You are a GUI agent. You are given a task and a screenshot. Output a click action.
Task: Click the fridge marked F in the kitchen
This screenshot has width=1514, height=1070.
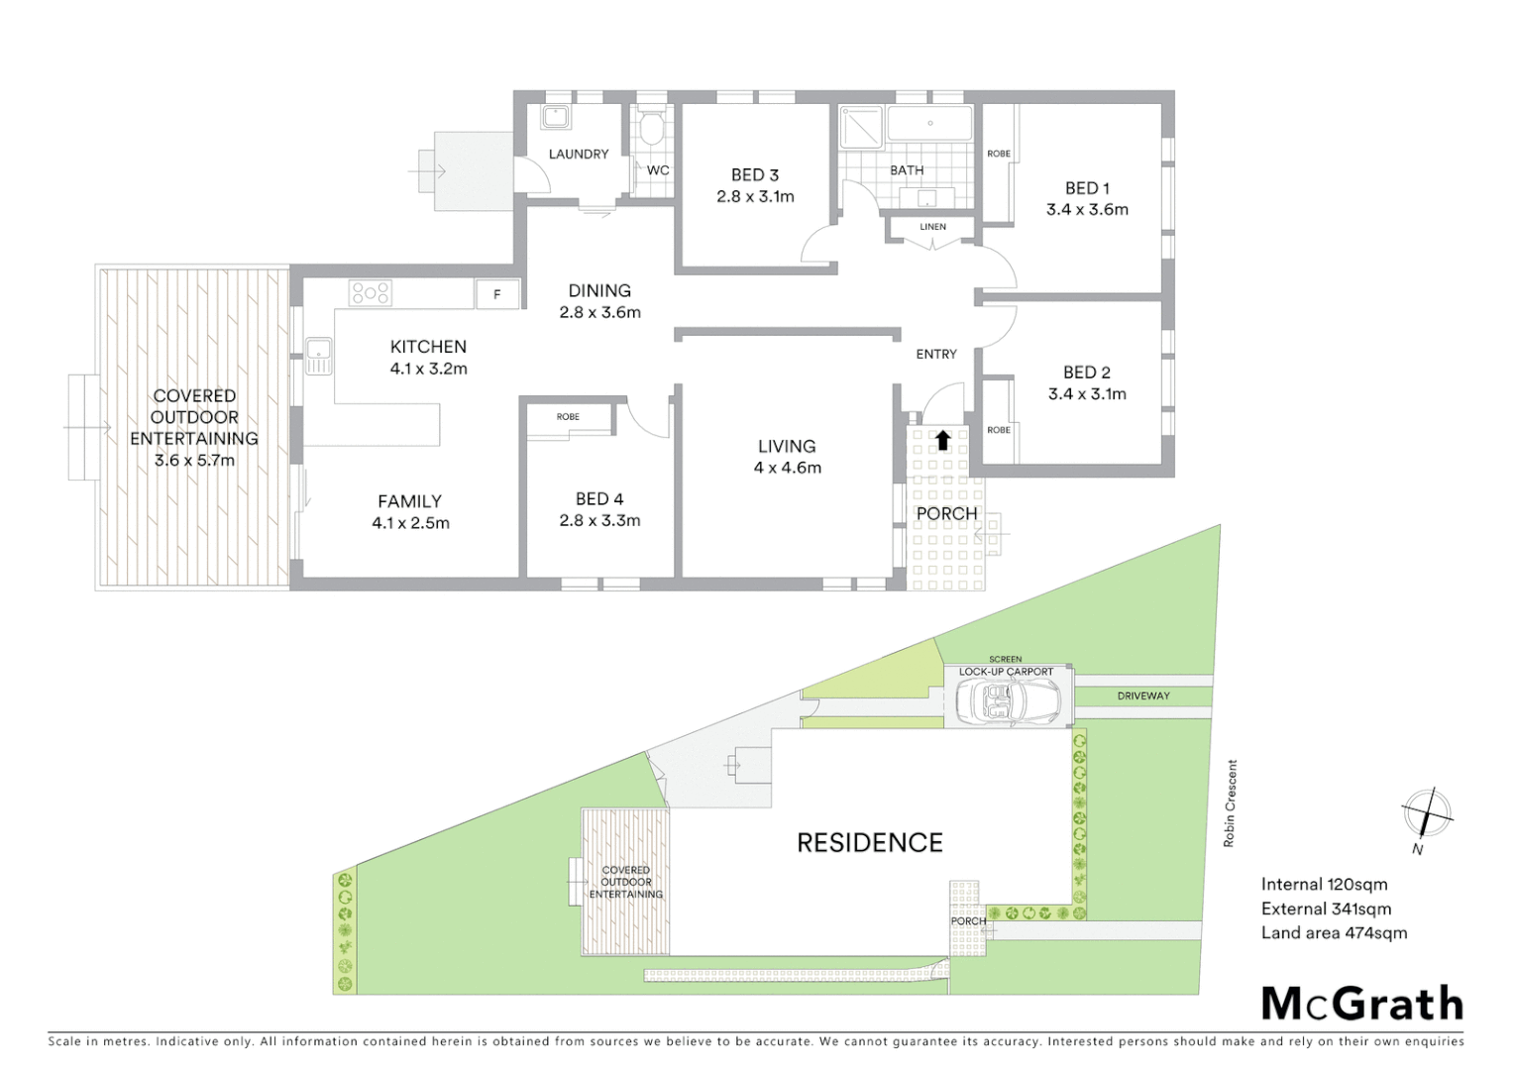(x=497, y=294)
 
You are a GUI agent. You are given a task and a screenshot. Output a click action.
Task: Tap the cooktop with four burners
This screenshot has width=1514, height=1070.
(x=370, y=292)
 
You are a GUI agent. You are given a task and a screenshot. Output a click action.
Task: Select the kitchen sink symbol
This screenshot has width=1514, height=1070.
(x=318, y=356)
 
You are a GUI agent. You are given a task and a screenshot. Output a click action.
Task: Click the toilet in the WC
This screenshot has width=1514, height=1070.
(x=652, y=130)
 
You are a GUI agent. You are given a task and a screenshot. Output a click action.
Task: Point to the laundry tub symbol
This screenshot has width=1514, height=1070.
(x=555, y=117)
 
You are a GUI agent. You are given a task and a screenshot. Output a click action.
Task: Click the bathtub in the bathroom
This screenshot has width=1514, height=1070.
(x=929, y=124)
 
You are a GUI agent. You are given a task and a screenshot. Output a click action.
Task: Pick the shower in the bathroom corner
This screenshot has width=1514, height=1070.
(x=859, y=127)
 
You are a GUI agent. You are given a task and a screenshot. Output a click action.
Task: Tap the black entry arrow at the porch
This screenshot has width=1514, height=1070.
(x=942, y=439)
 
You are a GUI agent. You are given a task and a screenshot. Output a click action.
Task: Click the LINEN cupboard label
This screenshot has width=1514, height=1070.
(x=932, y=227)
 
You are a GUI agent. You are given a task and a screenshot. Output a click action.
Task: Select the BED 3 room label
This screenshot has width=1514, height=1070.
(x=755, y=175)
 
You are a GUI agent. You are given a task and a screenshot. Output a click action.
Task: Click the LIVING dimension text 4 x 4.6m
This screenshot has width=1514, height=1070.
(x=787, y=468)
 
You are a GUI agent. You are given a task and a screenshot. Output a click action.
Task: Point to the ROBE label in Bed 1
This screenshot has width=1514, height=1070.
(x=999, y=154)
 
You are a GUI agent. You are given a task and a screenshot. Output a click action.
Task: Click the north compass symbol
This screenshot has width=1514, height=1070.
(x=1426, y=814)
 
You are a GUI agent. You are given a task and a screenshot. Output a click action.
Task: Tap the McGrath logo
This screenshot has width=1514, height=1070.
(x=1362, y=1004)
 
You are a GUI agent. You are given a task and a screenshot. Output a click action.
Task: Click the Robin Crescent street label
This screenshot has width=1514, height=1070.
(x=1230, y=802)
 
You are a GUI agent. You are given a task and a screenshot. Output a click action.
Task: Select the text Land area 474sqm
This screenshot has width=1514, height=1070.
(x=1334, y=932)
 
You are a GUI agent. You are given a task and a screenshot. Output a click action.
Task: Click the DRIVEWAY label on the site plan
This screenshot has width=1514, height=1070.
(x=1143, y=696)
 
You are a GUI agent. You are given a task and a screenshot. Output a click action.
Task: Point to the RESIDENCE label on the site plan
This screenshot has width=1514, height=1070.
(x=870, y=843)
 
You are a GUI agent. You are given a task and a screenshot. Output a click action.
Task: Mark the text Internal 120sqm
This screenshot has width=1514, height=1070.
(x=1324, y=885)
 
